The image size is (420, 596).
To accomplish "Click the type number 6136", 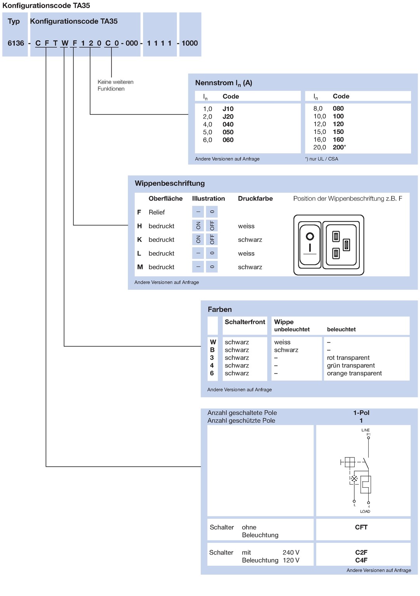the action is (x=16, y=43).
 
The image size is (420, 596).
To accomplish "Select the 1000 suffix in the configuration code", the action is (x=190, y=43).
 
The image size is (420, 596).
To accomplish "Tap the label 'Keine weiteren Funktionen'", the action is (x=115, y=85).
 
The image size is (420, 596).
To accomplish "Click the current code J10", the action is (x=228, y=109).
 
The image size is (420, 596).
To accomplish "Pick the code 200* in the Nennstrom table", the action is (x=339, y=147).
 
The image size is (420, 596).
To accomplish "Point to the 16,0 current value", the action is (x=319, y=139).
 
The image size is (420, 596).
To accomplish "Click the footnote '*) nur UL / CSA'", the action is (x=321, y=159).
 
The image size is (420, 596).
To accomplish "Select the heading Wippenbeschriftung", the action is (x=170, y=183).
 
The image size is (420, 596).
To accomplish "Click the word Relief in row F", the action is (x=157, y=212).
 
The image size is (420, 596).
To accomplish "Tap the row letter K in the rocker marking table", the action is (x=139, y=239).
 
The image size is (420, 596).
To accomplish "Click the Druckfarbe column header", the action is (x=255, y=199).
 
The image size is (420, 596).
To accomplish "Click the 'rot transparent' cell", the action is (x=348, y=358).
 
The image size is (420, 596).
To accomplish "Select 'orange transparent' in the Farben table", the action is (x=354, y=373).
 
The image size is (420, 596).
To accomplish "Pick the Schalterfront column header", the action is (x=245, y=322).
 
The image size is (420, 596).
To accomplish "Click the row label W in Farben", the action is (x=213, y=342).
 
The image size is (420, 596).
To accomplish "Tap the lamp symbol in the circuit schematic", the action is (x=354, y=479).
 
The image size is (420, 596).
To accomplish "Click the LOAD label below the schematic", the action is (x=365, y=511).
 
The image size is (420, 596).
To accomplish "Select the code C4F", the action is (x=361, y=560).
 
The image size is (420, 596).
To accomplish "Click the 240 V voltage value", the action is (x=291, y=553).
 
